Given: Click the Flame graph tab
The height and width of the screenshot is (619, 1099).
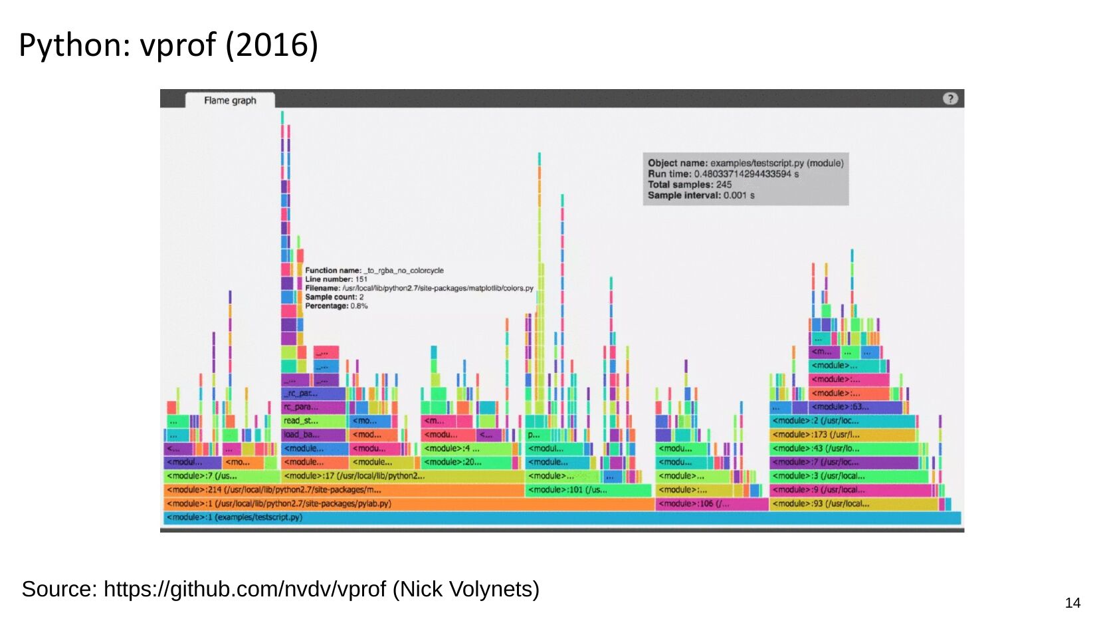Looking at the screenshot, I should [230, 100].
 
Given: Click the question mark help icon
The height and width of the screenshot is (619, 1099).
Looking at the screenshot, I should [950, 99].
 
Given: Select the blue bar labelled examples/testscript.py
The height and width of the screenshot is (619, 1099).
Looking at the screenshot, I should [561, 518].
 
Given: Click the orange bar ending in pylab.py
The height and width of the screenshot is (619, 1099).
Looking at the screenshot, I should [409, 504].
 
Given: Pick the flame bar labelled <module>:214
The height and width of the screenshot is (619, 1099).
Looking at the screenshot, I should [344, 490].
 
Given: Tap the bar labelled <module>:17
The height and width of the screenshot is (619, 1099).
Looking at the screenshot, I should [402, 476].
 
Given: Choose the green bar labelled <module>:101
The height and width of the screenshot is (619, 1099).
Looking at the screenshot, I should [588, 490].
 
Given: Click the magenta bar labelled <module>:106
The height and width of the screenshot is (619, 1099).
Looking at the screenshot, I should [712, 504].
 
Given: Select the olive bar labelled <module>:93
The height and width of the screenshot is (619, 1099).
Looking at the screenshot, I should [854, 504].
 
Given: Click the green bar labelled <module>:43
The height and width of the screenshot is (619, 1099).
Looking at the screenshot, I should [844, 449].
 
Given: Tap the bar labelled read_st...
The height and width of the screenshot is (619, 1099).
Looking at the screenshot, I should [313, 421].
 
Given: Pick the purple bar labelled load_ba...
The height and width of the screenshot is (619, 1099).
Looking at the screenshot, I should [313, 435].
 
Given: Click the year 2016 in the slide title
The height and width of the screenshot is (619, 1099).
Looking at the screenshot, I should [272, 45].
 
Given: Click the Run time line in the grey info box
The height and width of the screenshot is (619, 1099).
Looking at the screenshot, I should [723, 174].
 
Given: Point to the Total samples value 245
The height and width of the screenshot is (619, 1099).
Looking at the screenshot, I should [724, 185].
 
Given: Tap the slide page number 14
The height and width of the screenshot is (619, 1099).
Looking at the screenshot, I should [1072, 603].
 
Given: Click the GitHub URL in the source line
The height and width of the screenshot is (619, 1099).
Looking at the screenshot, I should [245, 589].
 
